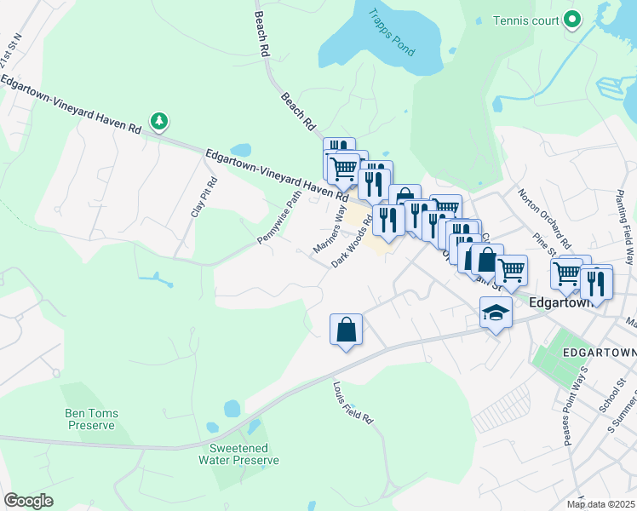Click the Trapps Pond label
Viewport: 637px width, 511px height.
(392, 32)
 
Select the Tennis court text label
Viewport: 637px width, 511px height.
(529, 19)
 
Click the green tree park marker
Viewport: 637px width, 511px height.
(158, 122)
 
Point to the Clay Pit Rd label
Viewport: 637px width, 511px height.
(205, 198)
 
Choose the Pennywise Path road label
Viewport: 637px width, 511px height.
(281, 217)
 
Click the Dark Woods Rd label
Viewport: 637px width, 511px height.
(353, 241)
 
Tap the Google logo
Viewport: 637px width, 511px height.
(28, 501)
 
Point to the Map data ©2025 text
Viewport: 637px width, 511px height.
(600, 504)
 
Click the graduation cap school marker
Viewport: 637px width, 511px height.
(495, 313)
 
